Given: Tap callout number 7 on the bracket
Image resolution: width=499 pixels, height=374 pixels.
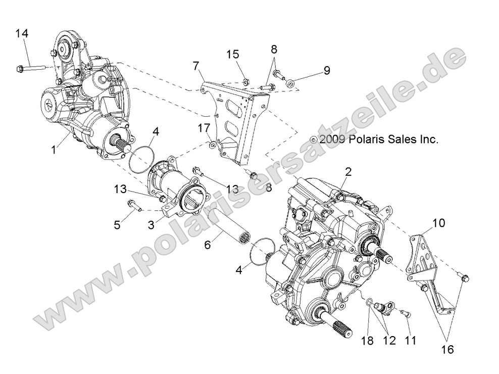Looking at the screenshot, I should pyautogui.click(x=195, y=66).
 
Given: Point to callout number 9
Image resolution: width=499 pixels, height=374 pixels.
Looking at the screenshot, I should pyautogui.click(x=327, y=71).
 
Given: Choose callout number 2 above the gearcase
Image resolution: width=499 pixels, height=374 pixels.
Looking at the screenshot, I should pyautogui.click(x=347, y=172).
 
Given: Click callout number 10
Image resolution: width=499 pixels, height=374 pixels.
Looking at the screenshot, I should pyautogui.click(x=439, y=222).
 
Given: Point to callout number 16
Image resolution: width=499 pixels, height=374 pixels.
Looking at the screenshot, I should pyautogui.click(x=448, y=349).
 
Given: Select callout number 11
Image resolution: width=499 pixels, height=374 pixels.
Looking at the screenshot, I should pyautogui.click(x=410, y=341).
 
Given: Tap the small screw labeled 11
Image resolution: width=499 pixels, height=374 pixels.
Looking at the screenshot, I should pyautogui.click(x=403, y=314).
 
